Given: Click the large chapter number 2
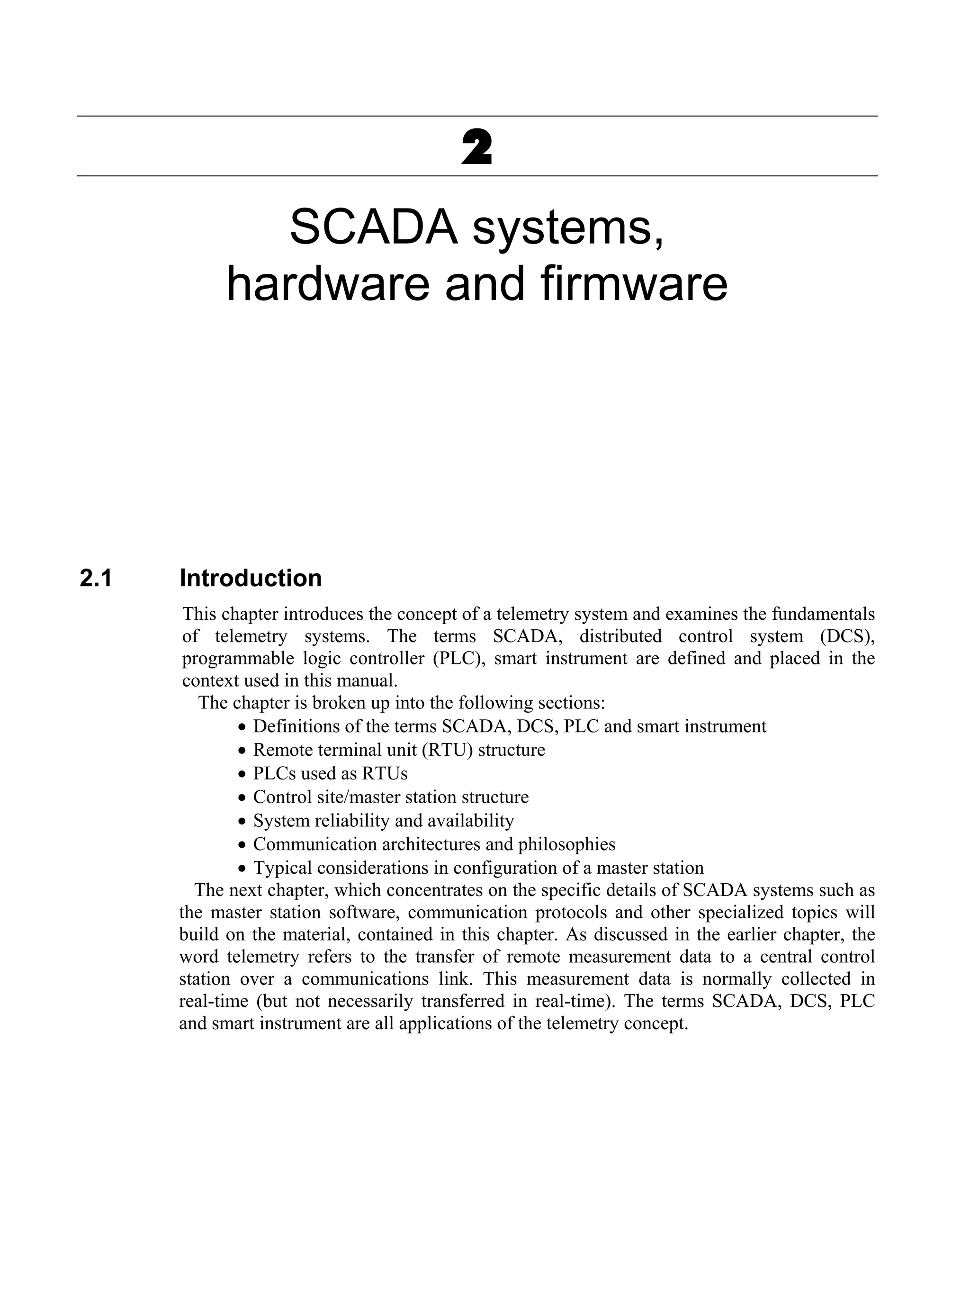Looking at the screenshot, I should point(477,147).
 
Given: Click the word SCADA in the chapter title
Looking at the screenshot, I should point(373,228).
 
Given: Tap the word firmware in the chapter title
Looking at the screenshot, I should point(634,285).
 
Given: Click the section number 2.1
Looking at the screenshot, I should point(96,579).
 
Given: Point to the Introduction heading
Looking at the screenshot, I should point(251,579).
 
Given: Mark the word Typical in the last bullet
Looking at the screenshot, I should point(281,868).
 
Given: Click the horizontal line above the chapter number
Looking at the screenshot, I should point(477,116).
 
